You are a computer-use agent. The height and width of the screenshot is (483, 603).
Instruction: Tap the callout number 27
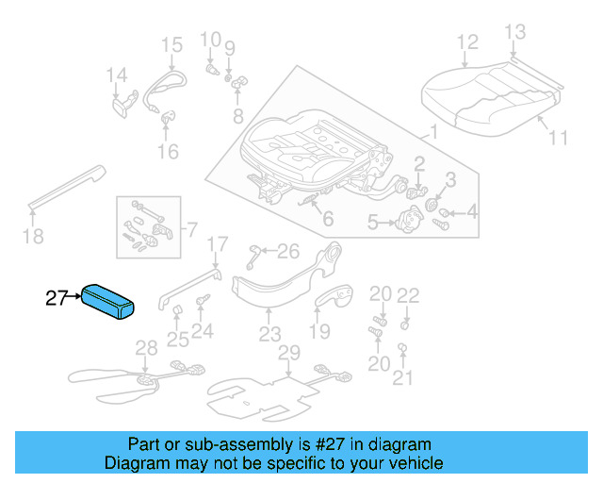[x=57, y=299]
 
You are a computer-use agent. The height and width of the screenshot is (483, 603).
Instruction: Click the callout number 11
[x=558, y=138]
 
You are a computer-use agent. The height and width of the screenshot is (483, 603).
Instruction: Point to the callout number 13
[x=514, y=33]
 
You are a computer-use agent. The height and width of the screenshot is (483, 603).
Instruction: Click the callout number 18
[x=33, y=236]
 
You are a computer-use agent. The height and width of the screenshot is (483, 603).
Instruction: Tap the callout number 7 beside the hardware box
[x=191, y=229]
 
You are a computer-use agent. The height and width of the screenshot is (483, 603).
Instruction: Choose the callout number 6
[x=327, y=220]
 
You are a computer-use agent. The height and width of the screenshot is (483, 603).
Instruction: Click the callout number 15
[x=171, y=44]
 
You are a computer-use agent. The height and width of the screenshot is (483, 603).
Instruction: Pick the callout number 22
[x=407, y=295]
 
